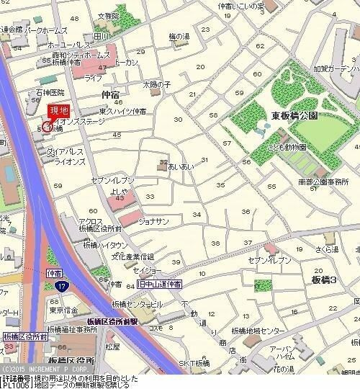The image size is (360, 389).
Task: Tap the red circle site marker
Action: click(48, 127)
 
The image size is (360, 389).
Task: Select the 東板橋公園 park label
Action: click(295, 115)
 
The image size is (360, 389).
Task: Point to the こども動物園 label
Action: click(288, 147)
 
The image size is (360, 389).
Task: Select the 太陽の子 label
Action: click(156, 84)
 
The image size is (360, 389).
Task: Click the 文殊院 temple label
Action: click(108, 15)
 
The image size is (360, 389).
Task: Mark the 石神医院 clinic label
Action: click(50, 93)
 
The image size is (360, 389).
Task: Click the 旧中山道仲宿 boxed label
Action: click(159, 285)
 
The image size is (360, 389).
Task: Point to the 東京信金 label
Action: click(65, 310)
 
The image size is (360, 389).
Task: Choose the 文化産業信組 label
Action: click(137, 256)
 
